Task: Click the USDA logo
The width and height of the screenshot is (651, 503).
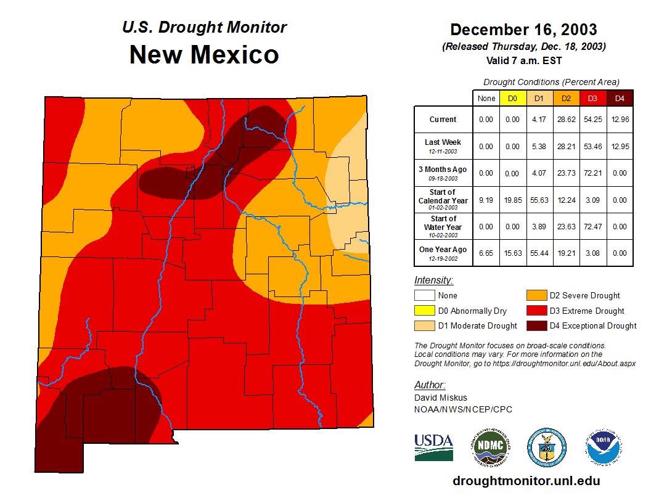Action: click(434, 447)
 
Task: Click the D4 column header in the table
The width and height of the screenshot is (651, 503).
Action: click(620, 99)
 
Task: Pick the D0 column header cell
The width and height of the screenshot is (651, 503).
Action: click(512, 99)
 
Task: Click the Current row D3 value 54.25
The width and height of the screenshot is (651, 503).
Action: click(592, 120)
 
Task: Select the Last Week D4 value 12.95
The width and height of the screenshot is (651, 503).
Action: click(620, 146)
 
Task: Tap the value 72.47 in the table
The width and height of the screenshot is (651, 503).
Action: click(592, 226)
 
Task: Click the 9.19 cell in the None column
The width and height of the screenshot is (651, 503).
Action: click(486, 200)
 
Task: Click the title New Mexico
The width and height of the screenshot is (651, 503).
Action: click(204, 55)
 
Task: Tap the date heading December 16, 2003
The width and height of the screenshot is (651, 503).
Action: click(523, 30)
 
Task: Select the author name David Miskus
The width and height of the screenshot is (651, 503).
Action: click(441, 398)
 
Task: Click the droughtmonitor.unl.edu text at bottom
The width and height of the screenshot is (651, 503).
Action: click(526, 481)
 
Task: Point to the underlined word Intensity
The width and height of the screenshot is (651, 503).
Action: click(433, 280)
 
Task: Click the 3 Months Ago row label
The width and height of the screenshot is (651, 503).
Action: click(443, 172)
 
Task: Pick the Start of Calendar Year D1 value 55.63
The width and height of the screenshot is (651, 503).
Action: click(539, 200)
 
